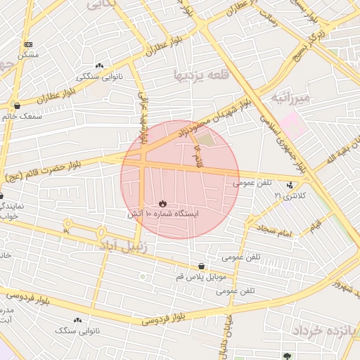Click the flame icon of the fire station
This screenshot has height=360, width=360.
click(x=163, y=204)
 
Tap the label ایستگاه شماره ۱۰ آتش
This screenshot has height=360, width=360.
click(x=163, y=213)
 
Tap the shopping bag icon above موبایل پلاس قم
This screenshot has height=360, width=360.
click(x=202, y=266)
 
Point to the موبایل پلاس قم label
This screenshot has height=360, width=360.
click(x=202, y=276)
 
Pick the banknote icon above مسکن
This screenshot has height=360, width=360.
click(x=28, y=44)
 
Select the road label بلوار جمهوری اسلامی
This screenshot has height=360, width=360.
click(x=281, y=138)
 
